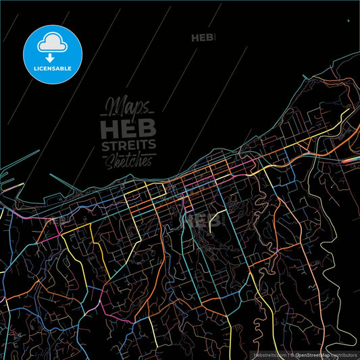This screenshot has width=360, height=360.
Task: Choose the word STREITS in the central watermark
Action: click(x=128, y=145)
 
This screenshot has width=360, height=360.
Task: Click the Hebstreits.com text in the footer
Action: click(x=271, y=354)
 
